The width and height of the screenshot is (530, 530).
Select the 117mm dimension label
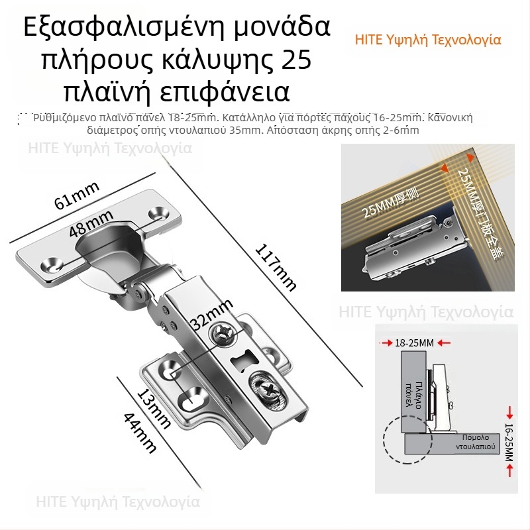point(276,267)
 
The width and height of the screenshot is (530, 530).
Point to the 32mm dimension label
point(213,316)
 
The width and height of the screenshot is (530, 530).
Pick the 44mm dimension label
point(139,432)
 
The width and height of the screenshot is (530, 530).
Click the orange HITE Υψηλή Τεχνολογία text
point(428,40)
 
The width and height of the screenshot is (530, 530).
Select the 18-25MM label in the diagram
point(414,343)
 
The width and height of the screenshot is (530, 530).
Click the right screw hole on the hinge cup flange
point(160,213)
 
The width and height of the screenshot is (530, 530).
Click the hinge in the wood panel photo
point(411,248)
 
